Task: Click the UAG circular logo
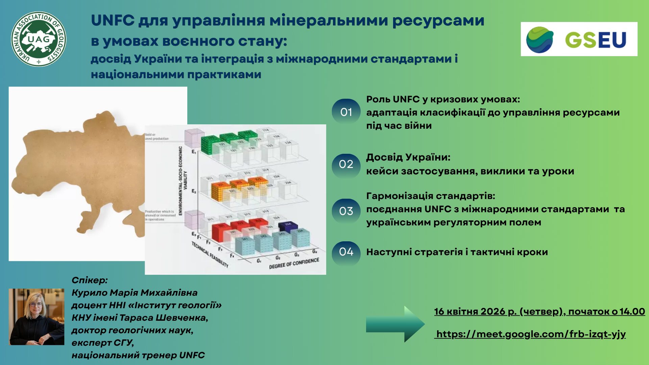click(x=39, y=39)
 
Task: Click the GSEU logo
click(x=579, y=39)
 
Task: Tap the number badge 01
click(x=346, y=112)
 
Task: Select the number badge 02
click(x=346, y=165)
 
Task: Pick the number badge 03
click(x=346, y=211)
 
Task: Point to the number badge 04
click(x=346, y=252)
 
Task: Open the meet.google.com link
click(x=531, y=334)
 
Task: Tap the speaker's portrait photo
click(x=37, y=317)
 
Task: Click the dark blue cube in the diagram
click(x=288, y=226)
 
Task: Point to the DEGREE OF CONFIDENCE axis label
click(x=294, y=263)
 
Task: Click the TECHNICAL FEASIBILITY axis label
click(x=210, y=254)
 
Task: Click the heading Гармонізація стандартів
click(x=430, y=196)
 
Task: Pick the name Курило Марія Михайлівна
click(x=134, y=293)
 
